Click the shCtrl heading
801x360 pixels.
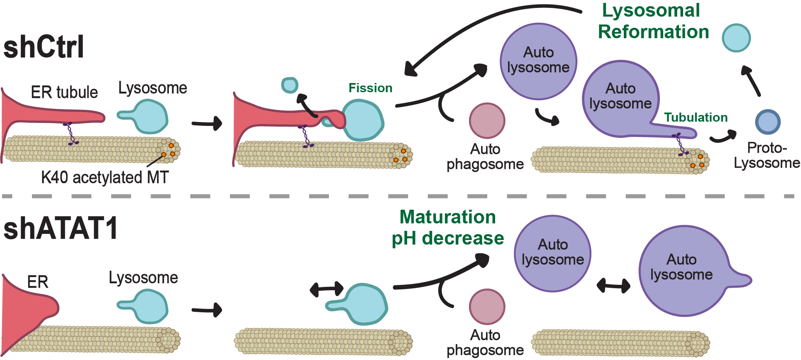point(44,47)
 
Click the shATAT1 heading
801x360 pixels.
point(61,228)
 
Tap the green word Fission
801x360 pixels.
point(370,88)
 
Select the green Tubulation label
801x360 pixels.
point(696,118)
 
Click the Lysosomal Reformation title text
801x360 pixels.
point(653,22)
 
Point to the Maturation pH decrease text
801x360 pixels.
point(448,228)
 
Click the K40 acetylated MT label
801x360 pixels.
point(105,177)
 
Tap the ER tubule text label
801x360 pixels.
point(64,92)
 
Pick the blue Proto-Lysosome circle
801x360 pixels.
point(767,122)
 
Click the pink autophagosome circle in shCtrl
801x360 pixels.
point(487,121)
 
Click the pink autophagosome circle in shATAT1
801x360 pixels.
point(487,307)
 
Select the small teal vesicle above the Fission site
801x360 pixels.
point(290,85)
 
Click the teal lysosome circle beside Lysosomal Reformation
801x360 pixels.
point(736,38)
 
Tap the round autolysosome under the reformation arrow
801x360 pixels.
point(538,61)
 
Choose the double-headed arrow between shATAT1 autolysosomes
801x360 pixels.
point(613,285)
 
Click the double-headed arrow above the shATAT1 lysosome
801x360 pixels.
point(327,289)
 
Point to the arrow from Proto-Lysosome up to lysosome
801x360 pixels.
point(751,81)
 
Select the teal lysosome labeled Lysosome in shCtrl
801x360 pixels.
point(147,116)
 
